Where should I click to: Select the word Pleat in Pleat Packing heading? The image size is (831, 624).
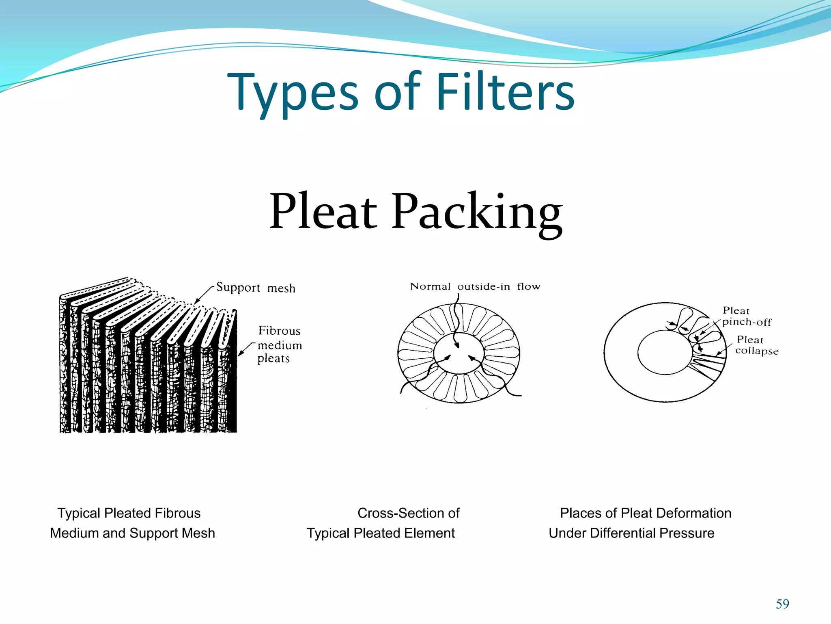tap(323, 212)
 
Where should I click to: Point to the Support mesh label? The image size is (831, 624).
tap(256, 288)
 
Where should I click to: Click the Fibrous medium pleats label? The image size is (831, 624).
tap(280, 344)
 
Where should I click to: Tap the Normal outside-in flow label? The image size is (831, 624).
tap(475, 286)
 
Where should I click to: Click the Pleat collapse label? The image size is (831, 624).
tap(756, 345)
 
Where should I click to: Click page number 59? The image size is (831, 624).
tap(782, 604)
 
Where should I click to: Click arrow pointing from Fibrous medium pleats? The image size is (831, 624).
tap(246, 349)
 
